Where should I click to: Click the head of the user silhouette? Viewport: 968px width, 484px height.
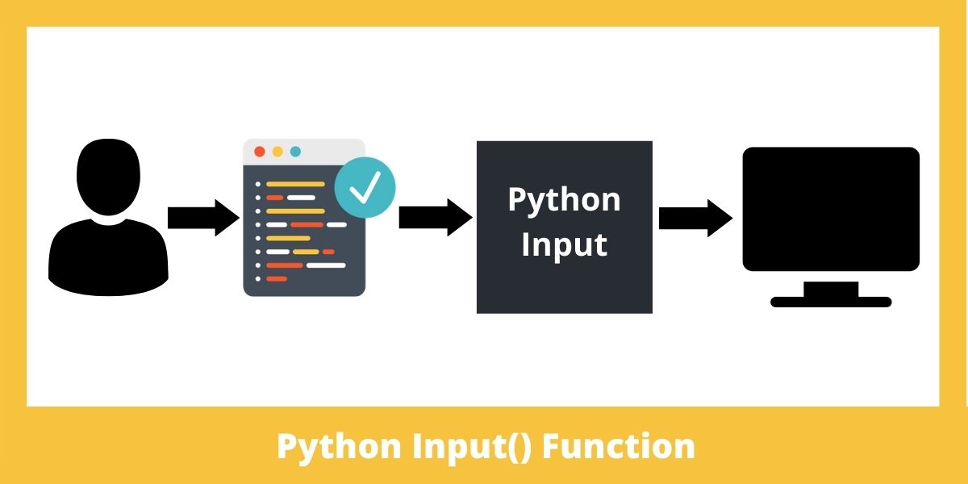pyautogui.click(x=108, y=177)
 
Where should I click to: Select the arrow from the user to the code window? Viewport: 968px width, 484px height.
pyautogui.click(x=203, y=218)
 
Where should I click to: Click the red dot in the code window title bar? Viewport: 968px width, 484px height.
pyautogui.click(x=260, y=152)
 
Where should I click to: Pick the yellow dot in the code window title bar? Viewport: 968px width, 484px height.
pyautogui.click(x=277, y=152)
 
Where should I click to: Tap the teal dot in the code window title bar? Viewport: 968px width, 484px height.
pyautogui.click(x=295, y=152)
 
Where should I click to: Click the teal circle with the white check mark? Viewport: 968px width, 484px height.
pyautogui.click(x=365, y=187)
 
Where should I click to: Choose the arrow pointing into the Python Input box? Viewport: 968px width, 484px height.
pyautogui.click(x=436, y=218)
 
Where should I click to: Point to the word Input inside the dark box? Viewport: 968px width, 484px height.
pyautogui.click(x=565, y=245)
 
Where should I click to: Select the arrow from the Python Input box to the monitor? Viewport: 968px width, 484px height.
pyautogui.click(x=695, y=219)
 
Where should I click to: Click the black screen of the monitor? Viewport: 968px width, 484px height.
pyautogui.click(x=831, y=209)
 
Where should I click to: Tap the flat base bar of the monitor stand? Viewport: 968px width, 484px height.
pyautogui.click(x=831, y=302)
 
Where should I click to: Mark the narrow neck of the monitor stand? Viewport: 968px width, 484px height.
pyautogui.click(x=831, y=289)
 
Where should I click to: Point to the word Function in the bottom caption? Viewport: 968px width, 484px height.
pyautogui.click(x=619, y=446)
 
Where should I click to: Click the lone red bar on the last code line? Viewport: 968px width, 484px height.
pyautogui.click(x=277, y=279)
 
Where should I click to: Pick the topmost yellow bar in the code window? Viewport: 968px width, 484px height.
pyautogui.click(x=295, y=184)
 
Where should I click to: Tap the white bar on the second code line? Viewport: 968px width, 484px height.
pyautogui.click(x=301, y=198)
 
